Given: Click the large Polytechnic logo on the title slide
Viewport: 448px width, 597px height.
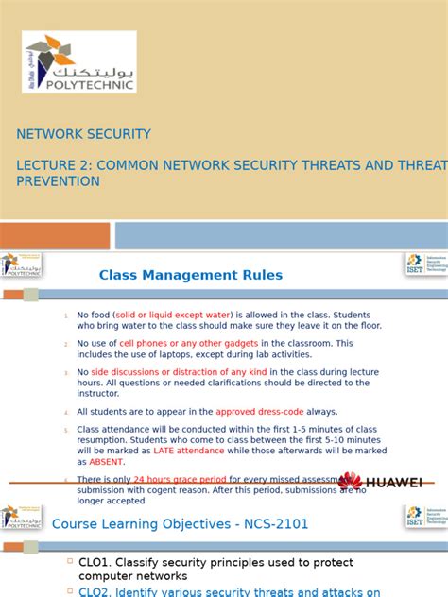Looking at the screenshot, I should pos(79,61).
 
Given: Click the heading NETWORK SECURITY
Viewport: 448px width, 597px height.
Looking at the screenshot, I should pos(83,134).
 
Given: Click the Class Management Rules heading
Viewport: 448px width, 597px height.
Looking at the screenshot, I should pos(191,275).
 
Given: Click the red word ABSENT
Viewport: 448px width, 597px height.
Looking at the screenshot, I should pos(107,462).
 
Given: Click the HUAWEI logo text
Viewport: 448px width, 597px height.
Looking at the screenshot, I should pos(393,483).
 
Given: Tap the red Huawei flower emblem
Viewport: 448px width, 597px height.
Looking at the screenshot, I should pos(350,482).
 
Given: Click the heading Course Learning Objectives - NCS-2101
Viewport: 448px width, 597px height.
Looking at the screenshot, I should pos(181,523).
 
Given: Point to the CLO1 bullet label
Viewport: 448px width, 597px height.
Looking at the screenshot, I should pos(96,563).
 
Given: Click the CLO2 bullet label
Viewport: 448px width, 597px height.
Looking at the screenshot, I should pos(96,592).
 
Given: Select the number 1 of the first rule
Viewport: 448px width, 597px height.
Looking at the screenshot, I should pos(66,316).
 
